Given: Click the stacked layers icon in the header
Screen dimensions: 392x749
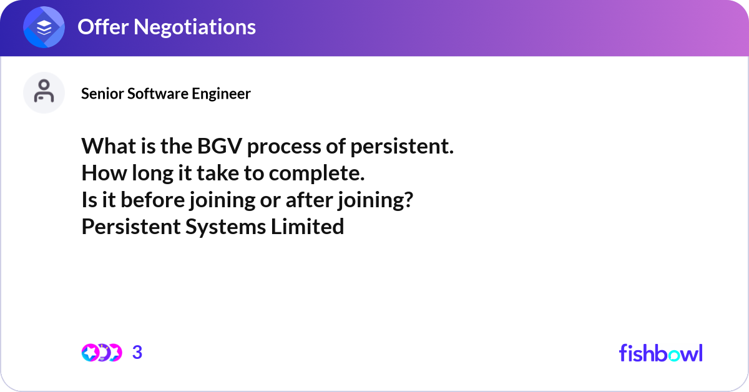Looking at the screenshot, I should tap(44, 27).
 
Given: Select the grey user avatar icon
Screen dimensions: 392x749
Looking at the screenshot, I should tap(44, 92).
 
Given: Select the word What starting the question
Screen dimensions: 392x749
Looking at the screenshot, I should tap(106, 147).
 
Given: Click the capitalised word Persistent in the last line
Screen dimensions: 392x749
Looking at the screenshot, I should tap(131, 227).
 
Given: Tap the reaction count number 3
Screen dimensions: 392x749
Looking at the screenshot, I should tap(137, 353).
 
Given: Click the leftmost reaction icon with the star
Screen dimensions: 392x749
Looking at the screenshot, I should tap(90, 353).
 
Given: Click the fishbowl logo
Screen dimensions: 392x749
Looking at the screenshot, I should tap(660, 353).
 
